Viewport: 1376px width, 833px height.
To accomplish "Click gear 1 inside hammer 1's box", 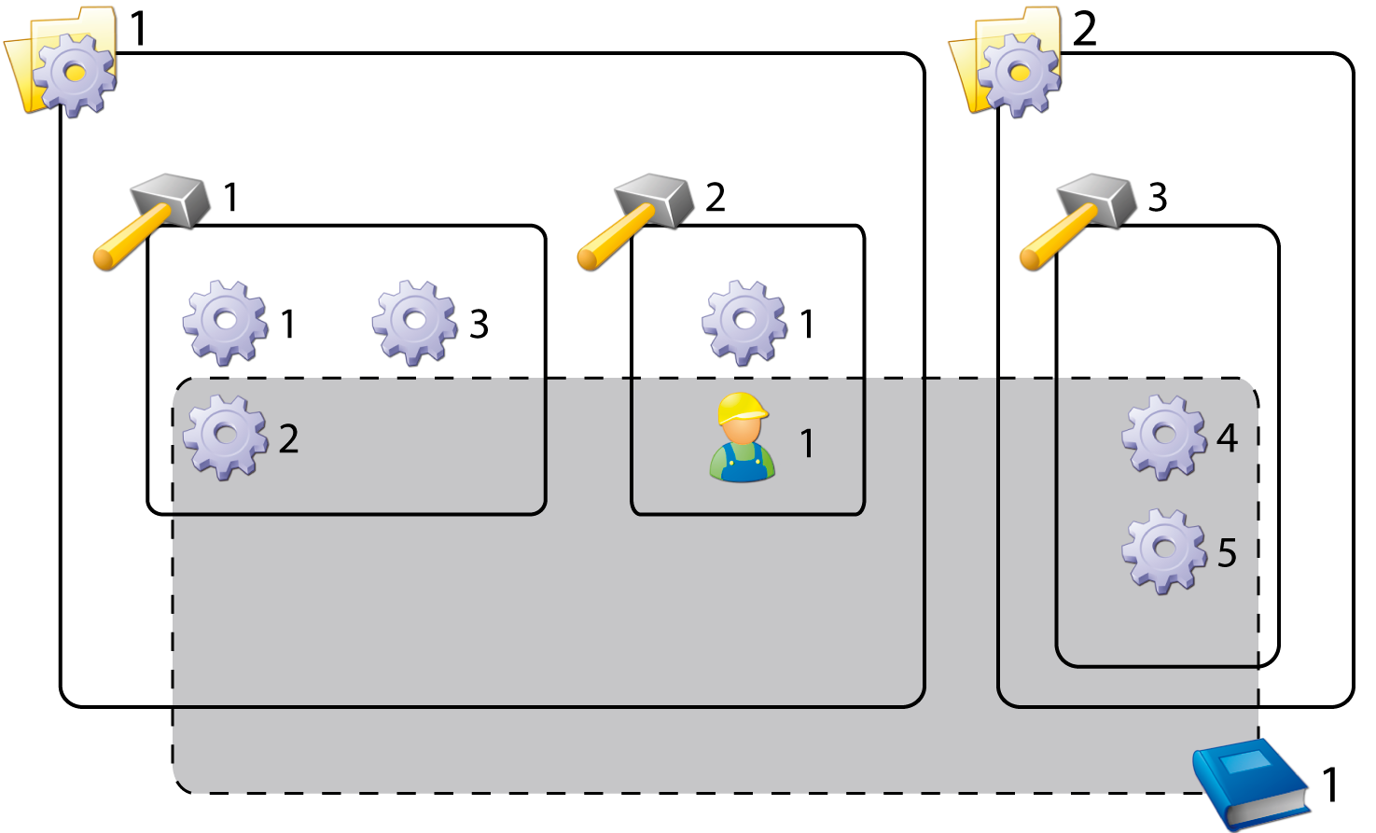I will tap(225, 322).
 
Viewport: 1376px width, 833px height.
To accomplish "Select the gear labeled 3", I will tap(415, 322).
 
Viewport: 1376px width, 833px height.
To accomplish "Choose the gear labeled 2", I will tap(225, 437).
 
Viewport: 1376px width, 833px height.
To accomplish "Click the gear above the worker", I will tap(744, 322).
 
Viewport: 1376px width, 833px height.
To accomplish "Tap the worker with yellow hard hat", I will tap(743, 438).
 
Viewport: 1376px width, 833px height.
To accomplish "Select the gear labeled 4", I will tap(1163, 437).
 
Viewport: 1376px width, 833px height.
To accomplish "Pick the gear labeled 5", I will tap(1163, 550).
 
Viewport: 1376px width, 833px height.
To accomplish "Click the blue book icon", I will tap(1250, 782).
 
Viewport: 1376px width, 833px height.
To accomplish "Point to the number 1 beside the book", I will tap(1331, 785).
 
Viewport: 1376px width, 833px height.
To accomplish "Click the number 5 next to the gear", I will tap(1228, 553).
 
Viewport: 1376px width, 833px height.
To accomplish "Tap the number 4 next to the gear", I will tap(1228, 437).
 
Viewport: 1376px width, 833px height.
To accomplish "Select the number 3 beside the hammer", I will tap(1158, 198).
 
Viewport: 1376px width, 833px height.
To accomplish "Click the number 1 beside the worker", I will tap(808, 444).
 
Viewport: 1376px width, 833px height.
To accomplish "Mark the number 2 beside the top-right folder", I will tap(1084, 30).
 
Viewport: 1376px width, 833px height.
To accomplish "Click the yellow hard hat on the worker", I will tap(742, 408).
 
